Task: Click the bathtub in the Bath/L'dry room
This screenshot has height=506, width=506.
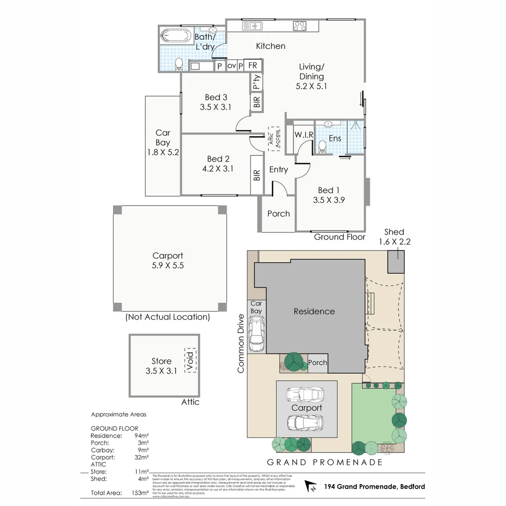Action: [175, 36]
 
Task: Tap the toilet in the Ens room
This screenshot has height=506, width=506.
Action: [322, 148]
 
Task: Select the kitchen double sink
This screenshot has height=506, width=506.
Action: [253, 26]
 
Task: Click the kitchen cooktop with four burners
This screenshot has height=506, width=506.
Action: [299, 26]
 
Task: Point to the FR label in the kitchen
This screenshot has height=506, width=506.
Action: [253, 66]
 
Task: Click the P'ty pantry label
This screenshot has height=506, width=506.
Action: [256, 82]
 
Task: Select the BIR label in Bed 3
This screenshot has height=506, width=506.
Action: [257, 102]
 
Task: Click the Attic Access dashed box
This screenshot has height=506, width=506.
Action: [274, 138]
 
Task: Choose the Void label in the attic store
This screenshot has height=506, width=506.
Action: [191, 360]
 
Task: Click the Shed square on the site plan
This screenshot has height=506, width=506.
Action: [395, 261]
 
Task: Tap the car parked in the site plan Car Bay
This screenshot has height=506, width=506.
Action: [256, 334]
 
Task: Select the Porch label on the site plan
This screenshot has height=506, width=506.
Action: [318, 363]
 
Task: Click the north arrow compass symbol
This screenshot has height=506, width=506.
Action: [311, 486]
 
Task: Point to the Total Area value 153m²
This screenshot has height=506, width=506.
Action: [141, 493]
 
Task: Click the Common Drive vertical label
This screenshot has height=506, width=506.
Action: [241, 343]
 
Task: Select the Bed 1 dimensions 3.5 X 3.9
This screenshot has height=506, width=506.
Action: [328, 200]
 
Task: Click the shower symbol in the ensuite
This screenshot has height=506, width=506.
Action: [357, 125]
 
